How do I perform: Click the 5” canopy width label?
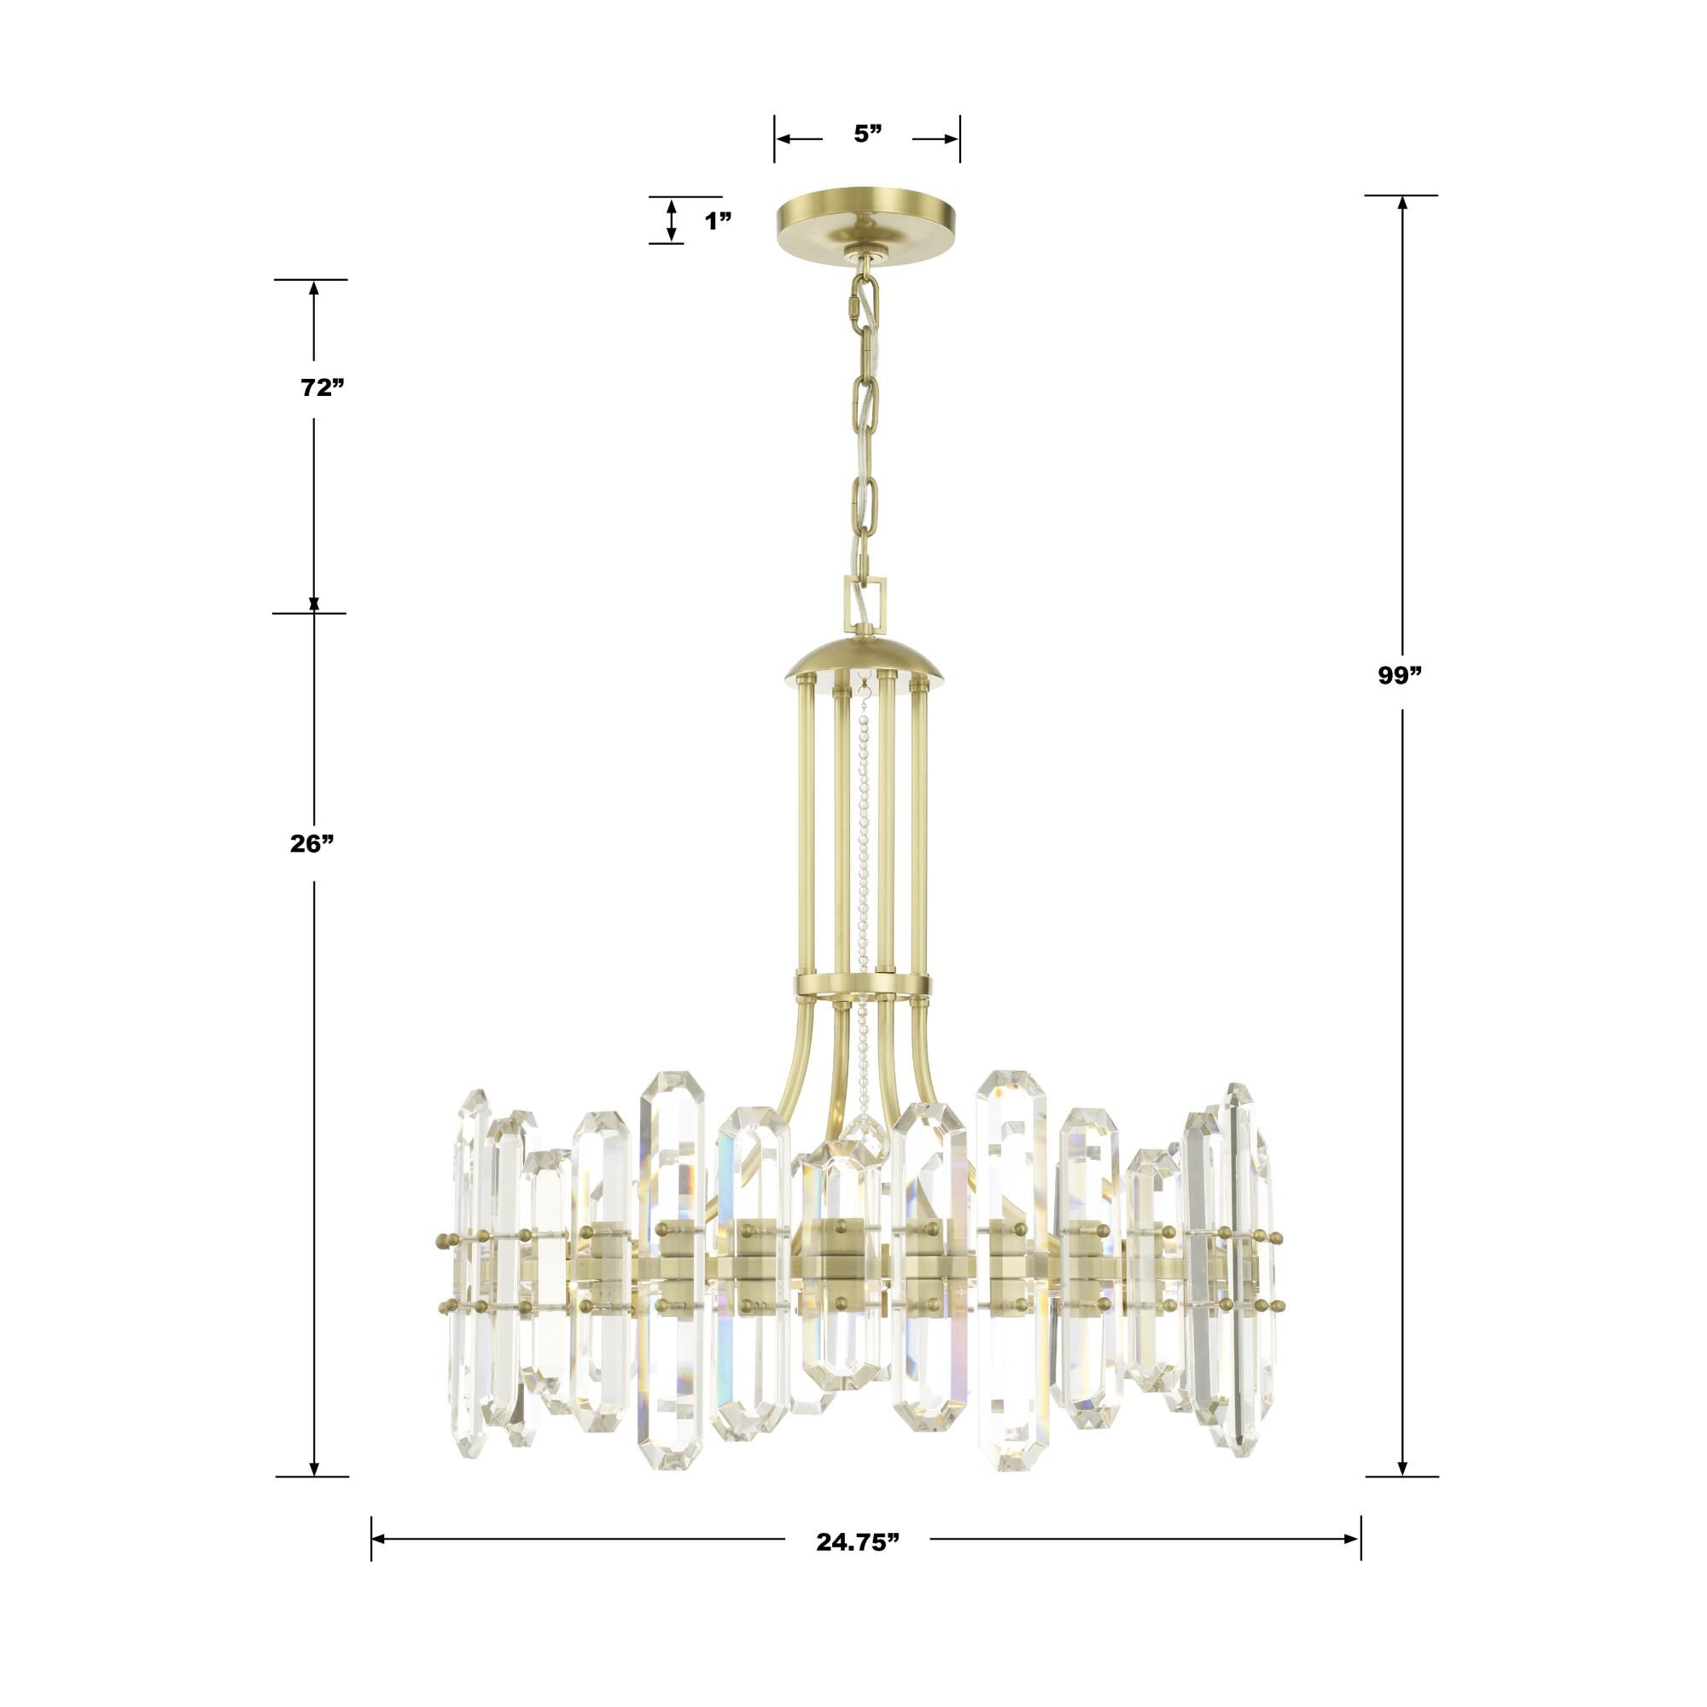[x=868, y=133]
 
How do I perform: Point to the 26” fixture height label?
[x=312, y=844]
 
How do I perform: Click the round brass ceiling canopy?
[x=868, y=218]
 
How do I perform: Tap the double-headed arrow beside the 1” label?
[x=672, y=219]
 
